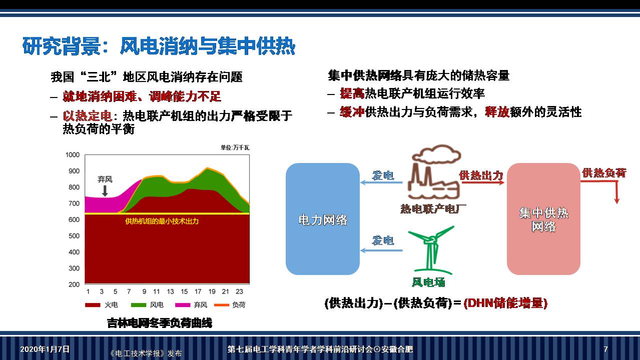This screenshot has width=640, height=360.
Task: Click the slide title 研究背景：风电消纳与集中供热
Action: [x=159, y=46]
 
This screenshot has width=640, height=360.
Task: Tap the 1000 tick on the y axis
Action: [x=73, y=155]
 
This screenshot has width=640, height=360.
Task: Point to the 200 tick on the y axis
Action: [x=74, y=284]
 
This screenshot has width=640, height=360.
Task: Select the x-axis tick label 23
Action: [x=239, y=292]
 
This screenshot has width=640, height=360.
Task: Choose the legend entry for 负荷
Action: [x=230, y=305]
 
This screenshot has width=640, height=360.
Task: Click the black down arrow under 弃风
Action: [x=105, y=191]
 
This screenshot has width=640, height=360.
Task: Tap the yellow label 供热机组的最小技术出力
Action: [x=162, y=221]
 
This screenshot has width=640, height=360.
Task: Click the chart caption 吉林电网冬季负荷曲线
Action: [x=160, y=323]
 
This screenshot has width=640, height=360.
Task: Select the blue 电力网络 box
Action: [x=323, y=219]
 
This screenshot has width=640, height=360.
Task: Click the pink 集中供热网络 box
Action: [x=544, y=219]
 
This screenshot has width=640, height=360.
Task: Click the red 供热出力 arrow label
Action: [x=481, y=175]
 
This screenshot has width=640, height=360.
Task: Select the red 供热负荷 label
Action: [x=604, y=173]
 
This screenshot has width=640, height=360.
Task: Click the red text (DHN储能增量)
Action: [x=505, y=303]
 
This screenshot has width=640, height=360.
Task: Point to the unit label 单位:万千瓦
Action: [x=235, y=147]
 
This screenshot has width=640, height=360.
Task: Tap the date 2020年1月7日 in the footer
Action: [x=45, y=349]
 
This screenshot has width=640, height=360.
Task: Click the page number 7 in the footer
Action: [x=605, y=349]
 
